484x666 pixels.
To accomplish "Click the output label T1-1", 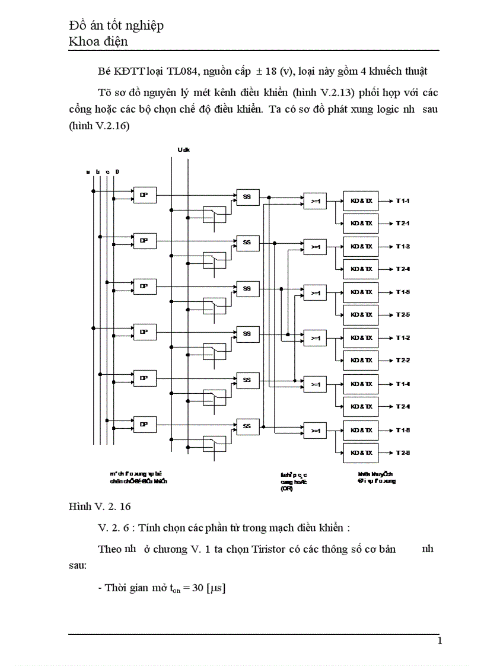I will [x=404, y=200].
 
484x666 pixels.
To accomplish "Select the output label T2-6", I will [x=404, y=453].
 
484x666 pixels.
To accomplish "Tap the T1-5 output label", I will [x=404, y=292].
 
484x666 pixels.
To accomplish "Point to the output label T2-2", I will [x=404, y=361].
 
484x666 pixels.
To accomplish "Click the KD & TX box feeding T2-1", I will [x=361, y=224].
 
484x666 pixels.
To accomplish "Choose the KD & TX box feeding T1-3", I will [x=361, y=246].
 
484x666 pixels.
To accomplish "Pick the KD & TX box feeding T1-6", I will [x=361, y=430].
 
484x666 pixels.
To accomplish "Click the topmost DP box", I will [x=144, y=194].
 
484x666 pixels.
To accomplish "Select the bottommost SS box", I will [x=247, y=426].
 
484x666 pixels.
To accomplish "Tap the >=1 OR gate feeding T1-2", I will [x=315, y=338].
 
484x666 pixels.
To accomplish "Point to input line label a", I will [x=88, y=171].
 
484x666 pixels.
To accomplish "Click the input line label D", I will [x=117, y=171].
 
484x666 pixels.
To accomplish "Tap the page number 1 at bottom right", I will [x=439, y=641].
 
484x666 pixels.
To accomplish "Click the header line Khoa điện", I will [x=98, y=42].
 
